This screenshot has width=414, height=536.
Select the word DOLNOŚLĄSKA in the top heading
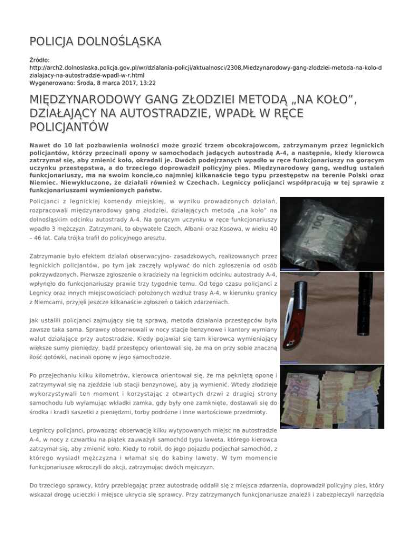click(x=115, y=41)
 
